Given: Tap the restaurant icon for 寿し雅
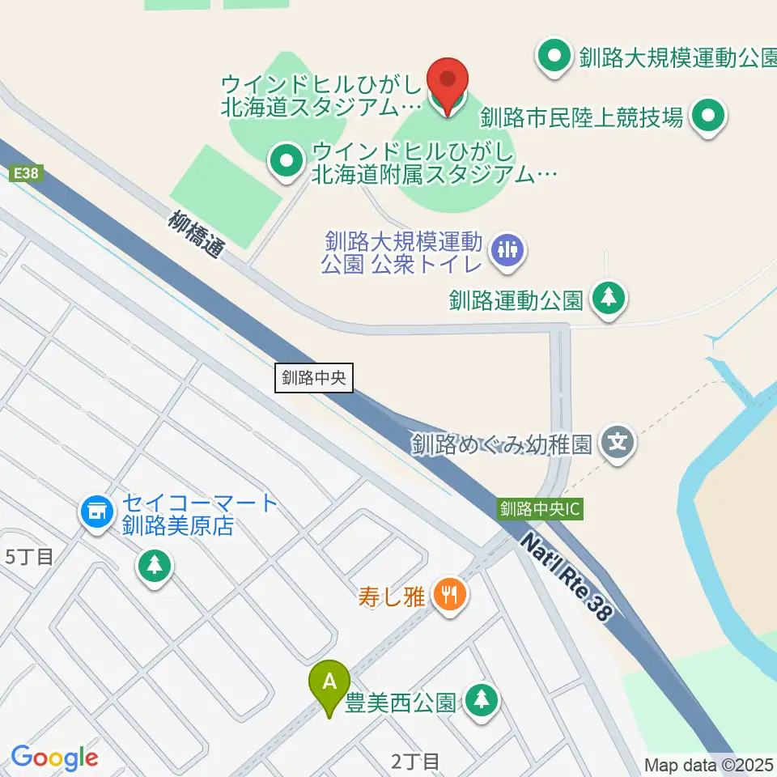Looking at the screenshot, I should click(448, 597).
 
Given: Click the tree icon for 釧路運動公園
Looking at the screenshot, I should click(609, 299).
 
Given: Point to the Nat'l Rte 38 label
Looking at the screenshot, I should click(564, 576).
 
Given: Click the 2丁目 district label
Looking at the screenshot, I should click(414, 761).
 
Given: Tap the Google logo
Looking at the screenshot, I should click(54, 758).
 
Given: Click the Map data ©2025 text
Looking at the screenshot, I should click(709, 764).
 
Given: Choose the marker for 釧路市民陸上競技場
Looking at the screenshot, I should click(709, 118).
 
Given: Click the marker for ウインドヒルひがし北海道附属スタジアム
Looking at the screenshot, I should click(285, 162).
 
